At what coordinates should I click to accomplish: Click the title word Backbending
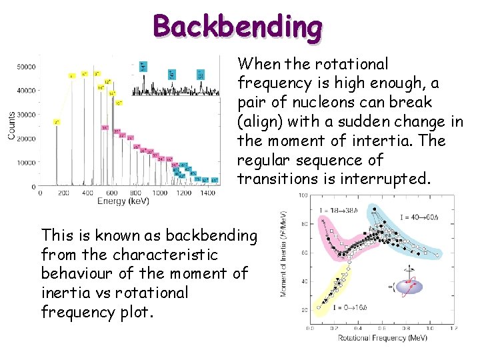pos(237,27)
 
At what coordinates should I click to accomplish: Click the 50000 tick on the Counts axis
pos(26,67)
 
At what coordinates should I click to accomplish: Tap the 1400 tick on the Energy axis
pos(207,193)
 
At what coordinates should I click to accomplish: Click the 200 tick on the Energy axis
pos(63,193)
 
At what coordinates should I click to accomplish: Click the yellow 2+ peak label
pos(57,123)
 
